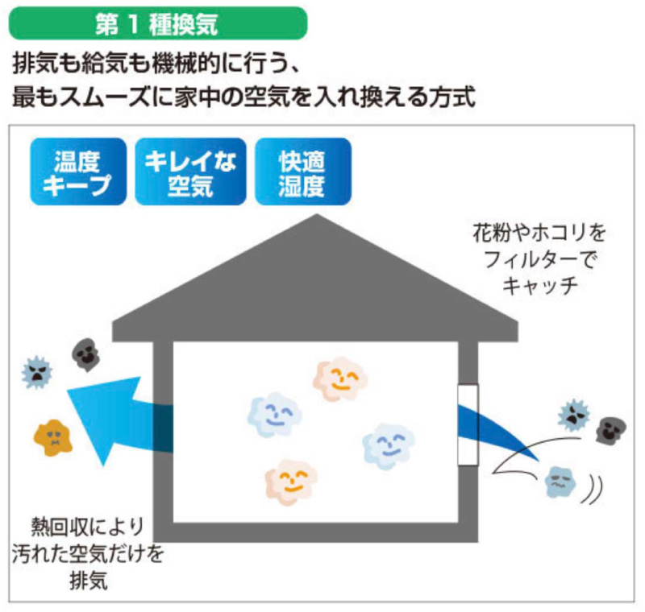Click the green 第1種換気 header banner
click(157, 23)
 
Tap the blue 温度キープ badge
click(78, 172)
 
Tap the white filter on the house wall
click(468, 424)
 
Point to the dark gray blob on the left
click(85, 353)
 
